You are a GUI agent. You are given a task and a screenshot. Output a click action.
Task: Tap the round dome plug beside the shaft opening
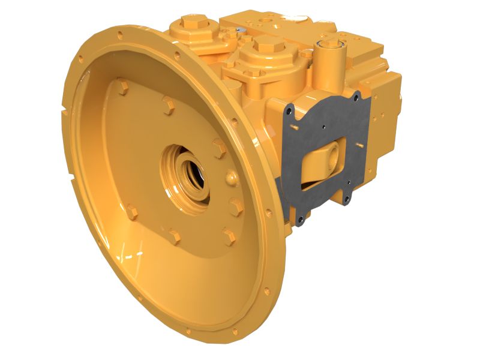tap(232, 178)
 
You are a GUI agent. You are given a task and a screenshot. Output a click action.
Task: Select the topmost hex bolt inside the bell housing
tap(123, 88)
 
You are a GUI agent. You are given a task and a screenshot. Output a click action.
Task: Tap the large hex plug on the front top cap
tap(265, 43)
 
